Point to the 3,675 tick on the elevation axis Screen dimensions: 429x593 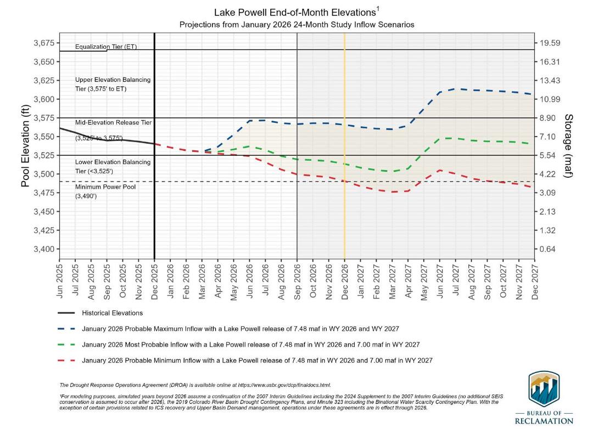pos(42,43)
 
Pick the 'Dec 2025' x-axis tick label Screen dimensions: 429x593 pos(154,280)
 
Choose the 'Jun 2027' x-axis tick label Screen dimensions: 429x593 pos(439,280)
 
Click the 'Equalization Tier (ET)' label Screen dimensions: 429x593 pos(106,47)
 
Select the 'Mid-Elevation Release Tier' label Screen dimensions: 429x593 pos(113,122)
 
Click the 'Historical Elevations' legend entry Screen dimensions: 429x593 pos(113,313)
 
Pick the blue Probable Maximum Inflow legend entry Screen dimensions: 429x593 pos(240,329)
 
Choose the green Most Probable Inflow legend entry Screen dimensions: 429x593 pos(250,345)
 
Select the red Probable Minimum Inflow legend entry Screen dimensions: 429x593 pos(257,360)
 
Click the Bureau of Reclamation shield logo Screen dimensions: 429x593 pos(543,388)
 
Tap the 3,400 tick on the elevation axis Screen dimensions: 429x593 pos(42,249)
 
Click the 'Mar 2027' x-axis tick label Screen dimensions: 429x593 pos(392,280)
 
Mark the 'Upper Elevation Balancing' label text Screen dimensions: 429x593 pos(113,80)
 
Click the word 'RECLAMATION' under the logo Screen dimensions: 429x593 pos(544,421)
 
